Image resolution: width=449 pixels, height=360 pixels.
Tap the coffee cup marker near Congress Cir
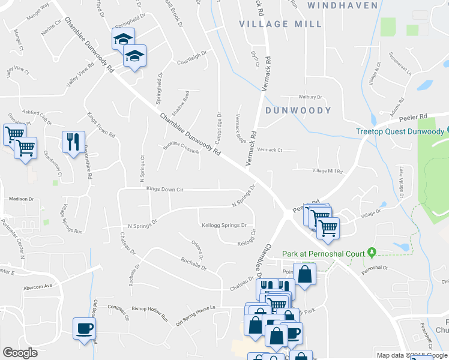84,328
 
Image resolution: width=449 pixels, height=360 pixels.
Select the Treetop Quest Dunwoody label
399,131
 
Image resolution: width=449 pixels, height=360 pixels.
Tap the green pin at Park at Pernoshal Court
372,251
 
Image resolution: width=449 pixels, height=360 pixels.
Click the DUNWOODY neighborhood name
298,110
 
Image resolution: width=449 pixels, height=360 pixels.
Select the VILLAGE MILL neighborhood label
280,24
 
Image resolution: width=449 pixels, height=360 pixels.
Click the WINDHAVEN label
342,5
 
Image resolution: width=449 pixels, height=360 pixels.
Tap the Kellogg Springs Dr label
223,225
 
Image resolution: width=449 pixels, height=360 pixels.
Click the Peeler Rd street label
414,116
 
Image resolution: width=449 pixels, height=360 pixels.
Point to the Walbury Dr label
311,97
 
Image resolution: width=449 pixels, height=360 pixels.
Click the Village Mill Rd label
327,171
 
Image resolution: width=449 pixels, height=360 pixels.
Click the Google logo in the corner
20,353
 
